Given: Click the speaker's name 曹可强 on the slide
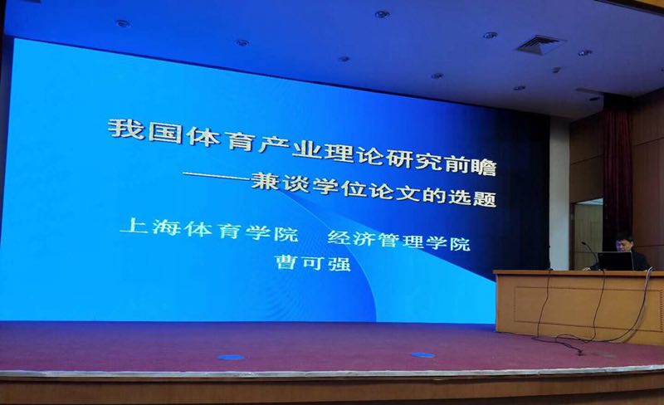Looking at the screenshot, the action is tap(313, 263).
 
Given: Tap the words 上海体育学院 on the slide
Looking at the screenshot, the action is tap(209, 229).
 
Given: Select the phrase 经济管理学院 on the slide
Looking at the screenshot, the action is tap(398, 240).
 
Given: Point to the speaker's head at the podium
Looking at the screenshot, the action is tap(624, 242).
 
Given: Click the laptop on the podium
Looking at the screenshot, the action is tap(615, 261).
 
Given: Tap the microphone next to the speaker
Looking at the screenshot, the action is tap(588, 253).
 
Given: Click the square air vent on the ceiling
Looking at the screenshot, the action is tap(540, 44).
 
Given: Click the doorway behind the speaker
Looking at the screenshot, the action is tap(588, 233).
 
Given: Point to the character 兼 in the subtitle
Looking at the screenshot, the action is tap(265, 180).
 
